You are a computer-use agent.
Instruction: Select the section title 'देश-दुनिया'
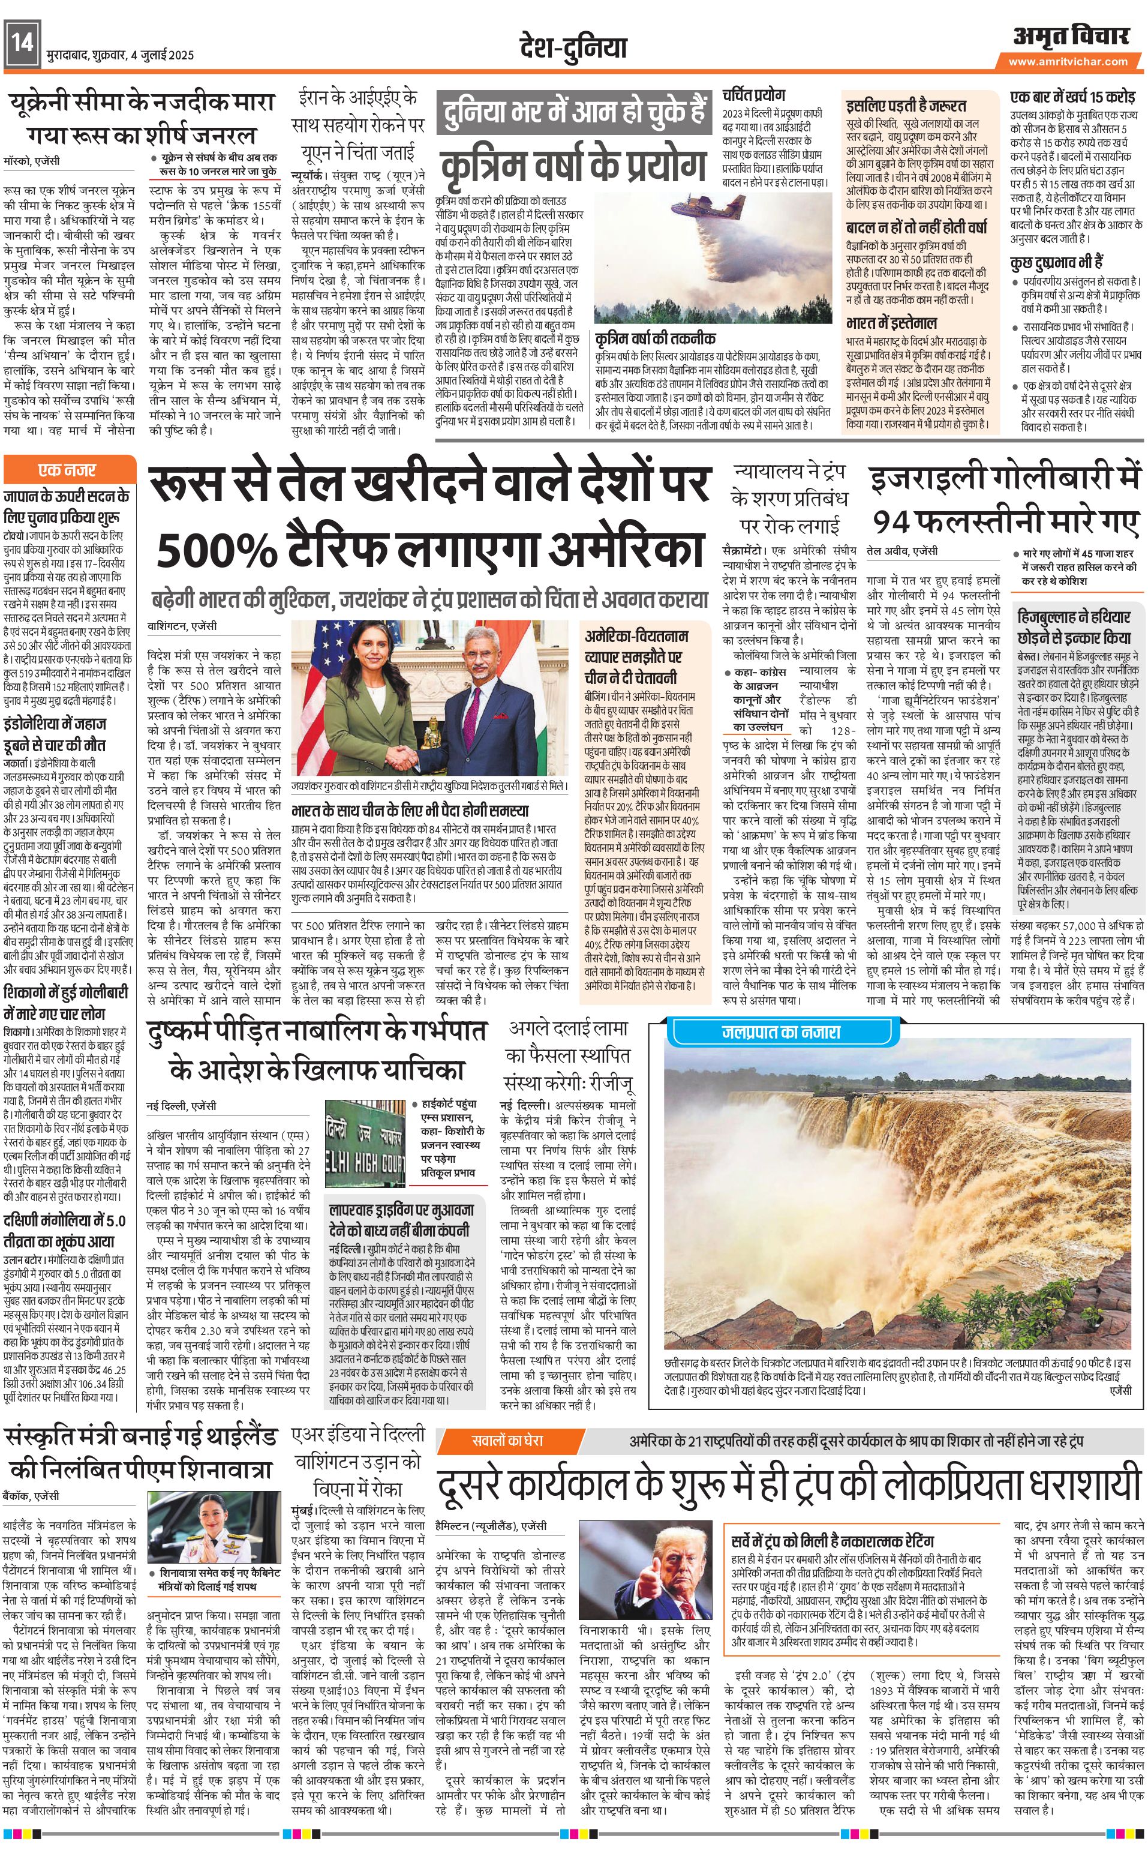click(x=573, y=47)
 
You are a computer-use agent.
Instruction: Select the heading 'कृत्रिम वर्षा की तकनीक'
click(x=654, y=338)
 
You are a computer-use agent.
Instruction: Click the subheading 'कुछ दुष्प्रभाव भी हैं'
click(x=1057, y=263)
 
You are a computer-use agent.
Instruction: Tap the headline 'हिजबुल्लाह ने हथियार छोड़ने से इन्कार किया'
click(x=1074, y=628)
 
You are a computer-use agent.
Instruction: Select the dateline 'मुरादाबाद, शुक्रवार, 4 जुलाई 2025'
click(x=120, y=55)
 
